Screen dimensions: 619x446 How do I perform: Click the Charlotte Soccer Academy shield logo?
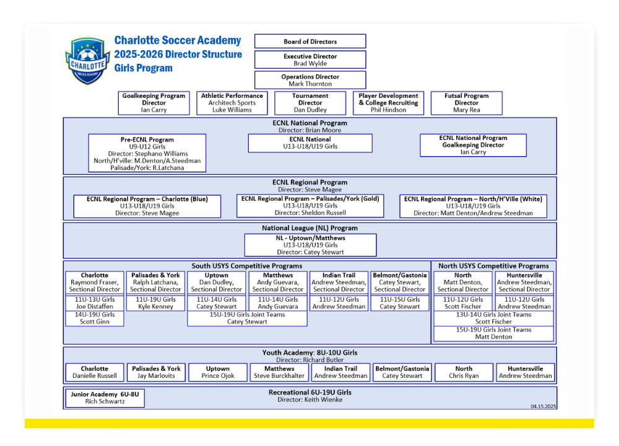coord(87,61)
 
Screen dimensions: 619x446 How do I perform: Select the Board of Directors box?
coord(310,42)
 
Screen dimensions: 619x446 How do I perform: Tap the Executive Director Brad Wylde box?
coord(310,59)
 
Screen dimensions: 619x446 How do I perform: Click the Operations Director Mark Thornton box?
coord(310,80)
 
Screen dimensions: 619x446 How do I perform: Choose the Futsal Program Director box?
coord(467,103)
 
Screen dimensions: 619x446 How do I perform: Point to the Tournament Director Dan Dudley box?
coord(310,103)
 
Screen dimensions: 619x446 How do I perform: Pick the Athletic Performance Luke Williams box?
coord(232,103)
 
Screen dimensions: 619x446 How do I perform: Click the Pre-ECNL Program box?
coord(147,153)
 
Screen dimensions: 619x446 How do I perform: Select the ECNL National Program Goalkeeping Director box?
coord(474,145)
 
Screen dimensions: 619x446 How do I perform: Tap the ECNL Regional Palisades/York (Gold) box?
coord(310,206)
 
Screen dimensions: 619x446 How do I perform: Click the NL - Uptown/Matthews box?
coord(310,245)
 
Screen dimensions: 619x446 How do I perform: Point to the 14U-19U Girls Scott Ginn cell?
coord(95,318)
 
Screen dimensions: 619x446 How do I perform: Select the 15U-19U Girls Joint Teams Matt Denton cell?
coord(493,333)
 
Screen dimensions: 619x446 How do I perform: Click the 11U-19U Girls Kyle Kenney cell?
coord(155,303)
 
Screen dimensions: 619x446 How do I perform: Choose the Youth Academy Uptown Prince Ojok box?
coord(218,372)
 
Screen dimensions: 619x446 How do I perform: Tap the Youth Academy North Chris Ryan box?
coord(464,372)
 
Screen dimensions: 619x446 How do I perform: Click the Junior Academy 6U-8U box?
coord(105,398)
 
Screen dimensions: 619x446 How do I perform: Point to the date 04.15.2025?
coord(543,406)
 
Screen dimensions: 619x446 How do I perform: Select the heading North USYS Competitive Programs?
coord(493,266)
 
